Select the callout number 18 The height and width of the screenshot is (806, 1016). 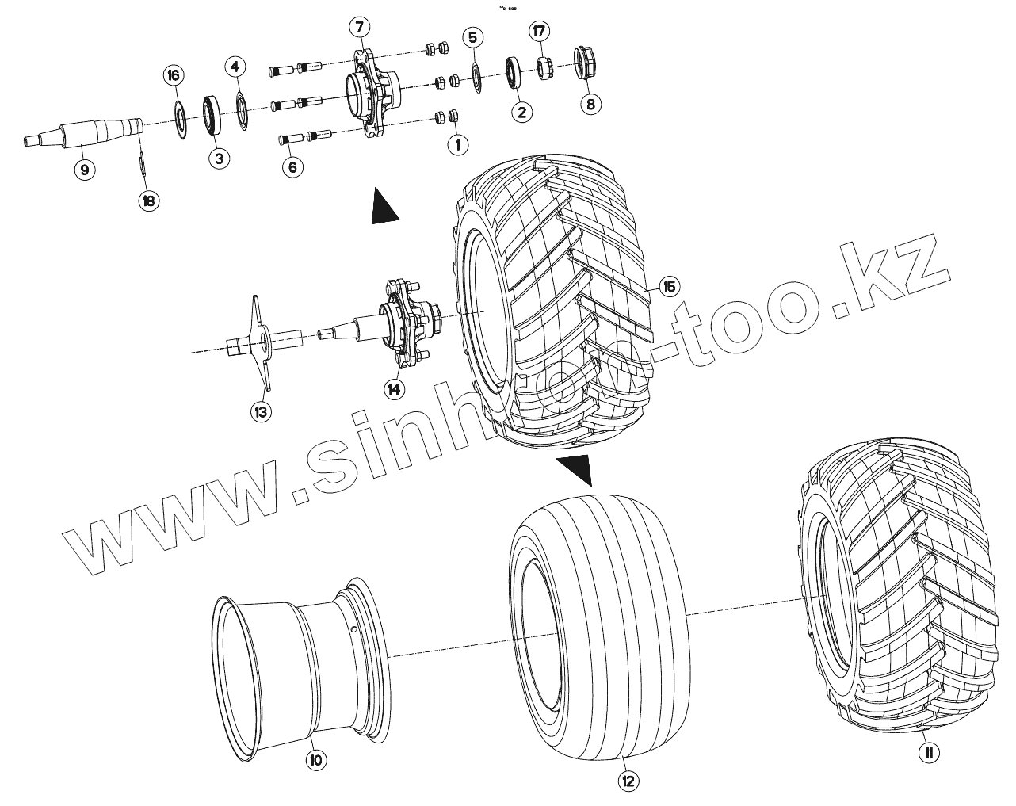pos(147,201)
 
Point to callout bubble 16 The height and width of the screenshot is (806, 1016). pos(174,75)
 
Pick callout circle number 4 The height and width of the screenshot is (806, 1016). pos(235,67)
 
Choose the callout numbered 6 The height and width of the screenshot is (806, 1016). pos(292,166)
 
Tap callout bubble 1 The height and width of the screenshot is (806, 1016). pos(456,144)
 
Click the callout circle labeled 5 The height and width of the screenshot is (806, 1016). pos(473,37)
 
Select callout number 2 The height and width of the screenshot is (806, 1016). pos(521,112)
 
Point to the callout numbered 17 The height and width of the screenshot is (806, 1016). pos(540,32)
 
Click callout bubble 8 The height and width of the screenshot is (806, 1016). pos(589,103)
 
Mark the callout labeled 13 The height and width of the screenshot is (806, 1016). pos(261,411)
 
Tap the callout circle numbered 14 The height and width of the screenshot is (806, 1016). pos(393,388)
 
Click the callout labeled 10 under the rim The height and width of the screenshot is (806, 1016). pos(315,760)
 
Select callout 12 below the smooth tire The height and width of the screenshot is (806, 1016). pos(628,781)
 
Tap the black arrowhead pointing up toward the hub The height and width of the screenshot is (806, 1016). pos(384,208)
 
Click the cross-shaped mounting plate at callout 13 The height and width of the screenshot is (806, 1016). pos(261,342)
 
